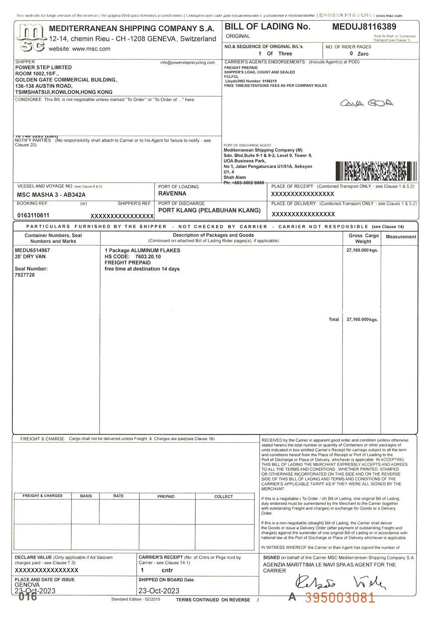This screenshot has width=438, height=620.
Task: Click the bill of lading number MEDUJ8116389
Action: click(x=364, y=27)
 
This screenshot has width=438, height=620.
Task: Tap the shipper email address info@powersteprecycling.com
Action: click(x=187, y=63)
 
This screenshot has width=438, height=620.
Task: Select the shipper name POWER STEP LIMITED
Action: click(x=43, y=68)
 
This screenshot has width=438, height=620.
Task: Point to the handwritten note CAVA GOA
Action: click(x=367, y=104)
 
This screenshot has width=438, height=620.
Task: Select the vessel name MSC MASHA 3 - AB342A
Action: click(x=51, y=194)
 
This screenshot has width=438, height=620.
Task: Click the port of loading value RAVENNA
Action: click(x=172, y=194)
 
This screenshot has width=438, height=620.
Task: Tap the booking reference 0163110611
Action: click(x=33, y=215)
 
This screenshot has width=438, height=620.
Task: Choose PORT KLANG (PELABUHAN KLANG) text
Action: click(x=209, y=210)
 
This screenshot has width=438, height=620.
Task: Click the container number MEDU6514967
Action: click(x=32, y=251)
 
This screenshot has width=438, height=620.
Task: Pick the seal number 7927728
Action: click(x=25, y=275)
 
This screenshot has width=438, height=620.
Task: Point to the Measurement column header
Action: click(x=400, y=237)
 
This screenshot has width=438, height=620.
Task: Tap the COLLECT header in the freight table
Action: click(x=223, y=497)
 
